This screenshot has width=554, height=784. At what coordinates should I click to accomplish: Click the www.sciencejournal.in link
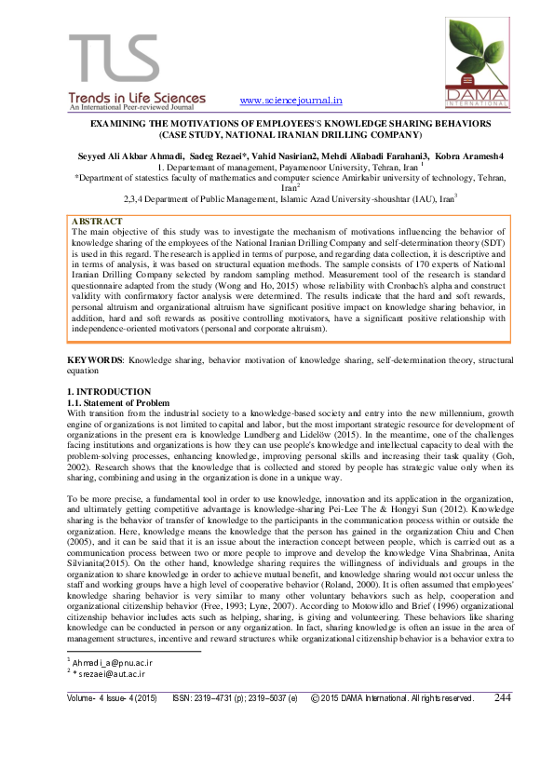pos(291,101)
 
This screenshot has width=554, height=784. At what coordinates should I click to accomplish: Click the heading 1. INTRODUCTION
pos(110,391)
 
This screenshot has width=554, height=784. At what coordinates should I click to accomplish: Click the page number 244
pos(502,723)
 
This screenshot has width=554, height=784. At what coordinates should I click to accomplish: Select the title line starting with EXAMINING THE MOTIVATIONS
pos(275,123)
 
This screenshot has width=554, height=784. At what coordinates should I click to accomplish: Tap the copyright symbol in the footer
pos(316,723)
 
